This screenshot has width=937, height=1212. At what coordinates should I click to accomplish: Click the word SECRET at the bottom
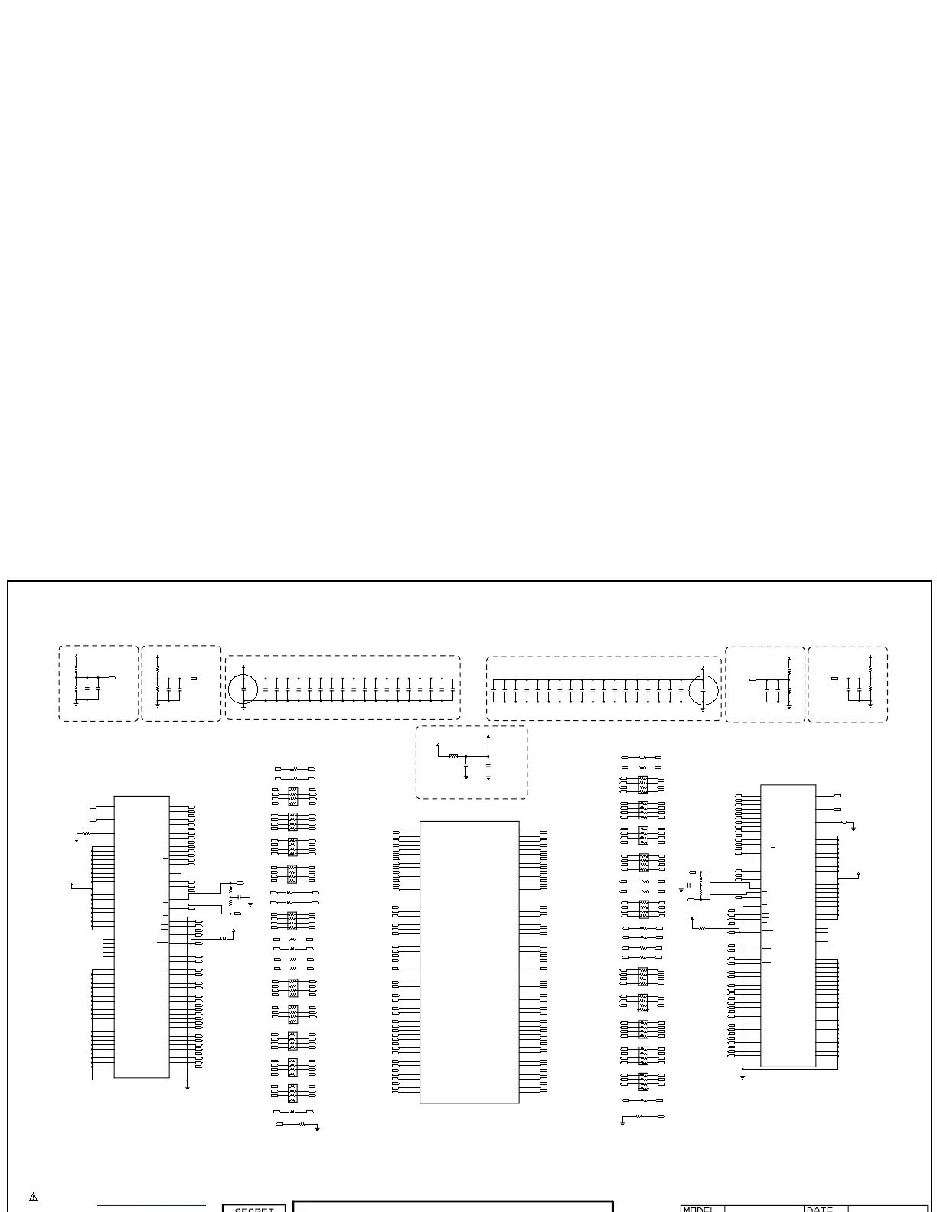[254, 1208]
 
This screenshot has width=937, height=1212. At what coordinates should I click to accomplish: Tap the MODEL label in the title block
[698, 1208]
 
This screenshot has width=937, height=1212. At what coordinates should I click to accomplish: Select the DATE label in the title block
[820, 1208]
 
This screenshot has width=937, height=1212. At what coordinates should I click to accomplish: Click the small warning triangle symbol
[34, 1197]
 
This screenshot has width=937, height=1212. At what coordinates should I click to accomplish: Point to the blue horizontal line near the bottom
[152, 1206]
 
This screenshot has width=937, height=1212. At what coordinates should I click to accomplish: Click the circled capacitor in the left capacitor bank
[243, 689]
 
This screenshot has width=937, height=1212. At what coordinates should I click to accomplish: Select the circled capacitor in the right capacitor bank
[703, 689]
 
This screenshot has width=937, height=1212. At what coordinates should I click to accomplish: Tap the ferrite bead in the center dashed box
[454, 756]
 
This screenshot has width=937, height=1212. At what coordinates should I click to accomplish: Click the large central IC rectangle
[469, 962]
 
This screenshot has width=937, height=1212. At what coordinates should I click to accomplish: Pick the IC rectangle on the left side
[142, 937]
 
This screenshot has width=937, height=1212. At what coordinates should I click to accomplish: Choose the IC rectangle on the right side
[788, 925]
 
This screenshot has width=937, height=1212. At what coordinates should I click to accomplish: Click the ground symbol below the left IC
[188, 1087]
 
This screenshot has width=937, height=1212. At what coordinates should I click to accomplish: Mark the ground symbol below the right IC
[743, 1077]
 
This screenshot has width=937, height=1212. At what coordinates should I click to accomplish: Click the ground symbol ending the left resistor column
[317, 1128]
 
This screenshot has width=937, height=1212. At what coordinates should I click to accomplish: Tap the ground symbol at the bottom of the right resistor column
[623, 1123]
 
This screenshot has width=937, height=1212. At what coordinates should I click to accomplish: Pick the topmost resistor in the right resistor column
[643, 757]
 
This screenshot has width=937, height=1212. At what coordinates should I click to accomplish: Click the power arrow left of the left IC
[72, 885]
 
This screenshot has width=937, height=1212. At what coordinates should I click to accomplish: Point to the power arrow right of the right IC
[859, 874]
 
